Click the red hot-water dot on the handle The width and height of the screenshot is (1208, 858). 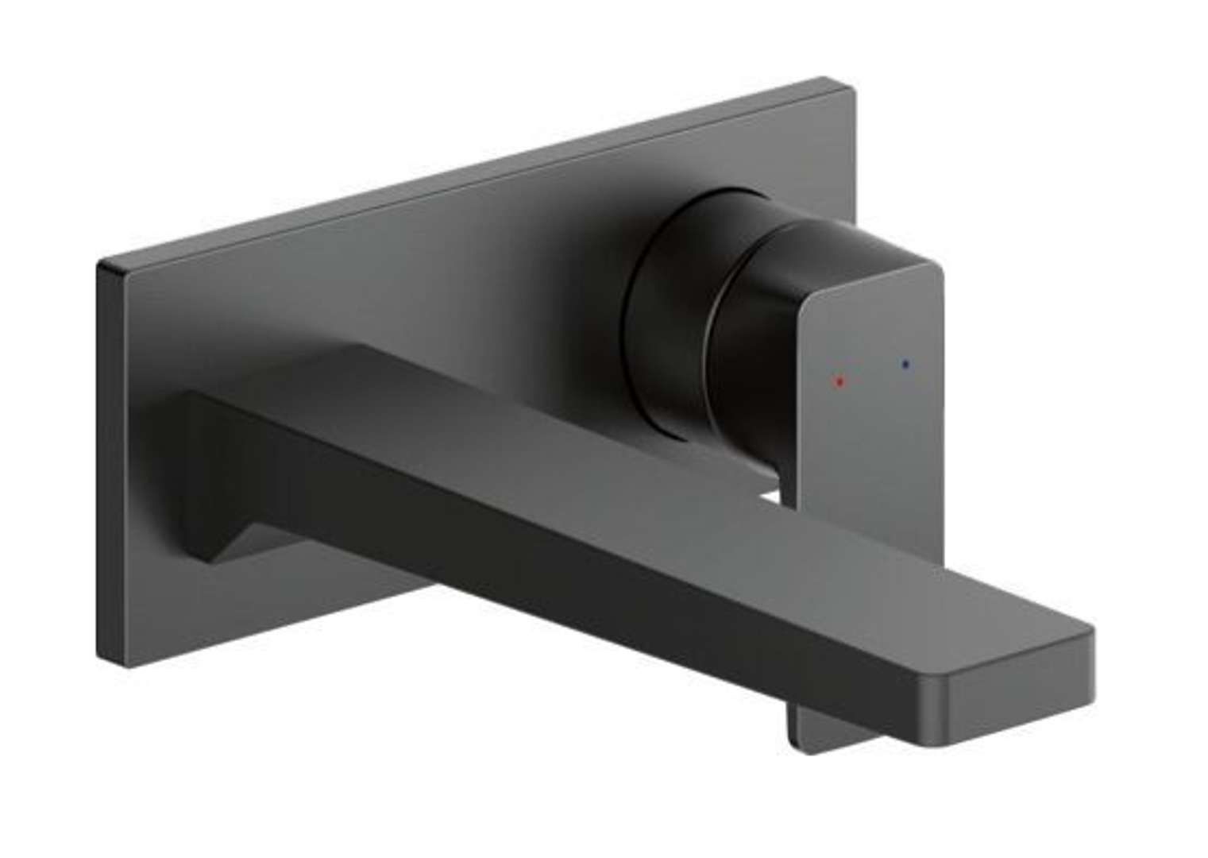[x=839, y=382]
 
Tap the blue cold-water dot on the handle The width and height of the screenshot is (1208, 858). [x=905, y=365]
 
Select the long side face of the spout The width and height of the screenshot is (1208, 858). [x=556, y=556]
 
